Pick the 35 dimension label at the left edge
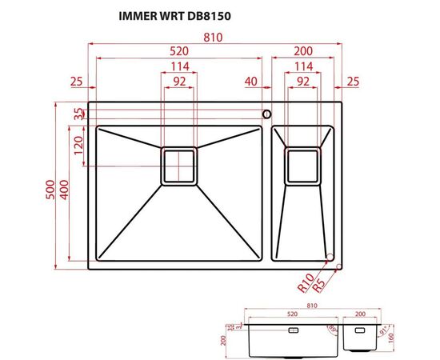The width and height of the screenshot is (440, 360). pos(78,114)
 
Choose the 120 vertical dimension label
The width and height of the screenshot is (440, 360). pos(78,146)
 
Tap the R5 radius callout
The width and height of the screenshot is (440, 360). pos(318,282)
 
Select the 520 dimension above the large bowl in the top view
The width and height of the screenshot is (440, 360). pos(178,51)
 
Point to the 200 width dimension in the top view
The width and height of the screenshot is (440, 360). pos(302,51)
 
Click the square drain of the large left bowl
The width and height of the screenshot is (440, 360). pos(179,166)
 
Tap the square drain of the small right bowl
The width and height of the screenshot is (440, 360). pos(302,166)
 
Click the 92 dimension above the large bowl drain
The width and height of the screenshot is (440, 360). pos(179,81)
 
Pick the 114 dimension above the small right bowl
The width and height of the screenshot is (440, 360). pos(302,66)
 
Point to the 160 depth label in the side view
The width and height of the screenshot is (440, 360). pos(391,338)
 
